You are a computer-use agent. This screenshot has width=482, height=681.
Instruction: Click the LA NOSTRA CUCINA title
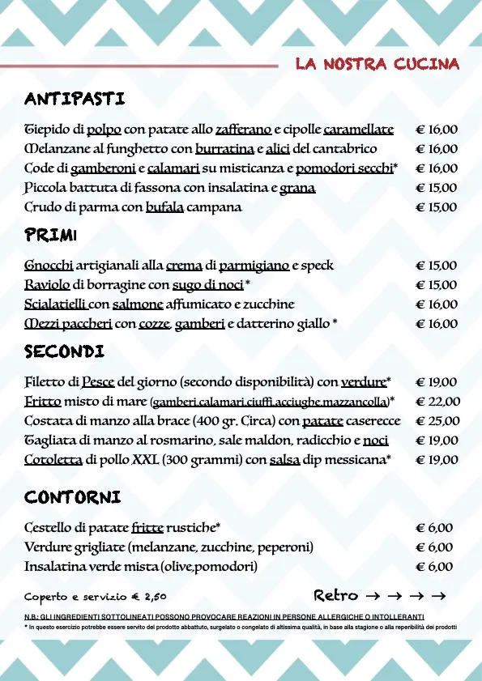(x=377, y=64)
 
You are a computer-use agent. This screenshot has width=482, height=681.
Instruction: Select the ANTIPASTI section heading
(x=75, y=100)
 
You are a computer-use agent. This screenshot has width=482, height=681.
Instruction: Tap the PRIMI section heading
(x=50, y=236)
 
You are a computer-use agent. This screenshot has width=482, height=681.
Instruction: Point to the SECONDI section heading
(x=64, y=352)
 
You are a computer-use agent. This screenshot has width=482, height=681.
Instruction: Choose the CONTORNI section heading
(x=73, y=496)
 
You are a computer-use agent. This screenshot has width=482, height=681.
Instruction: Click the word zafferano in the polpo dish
(x=243, y=130)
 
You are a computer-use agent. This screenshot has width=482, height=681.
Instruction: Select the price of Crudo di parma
(x=437, y=207)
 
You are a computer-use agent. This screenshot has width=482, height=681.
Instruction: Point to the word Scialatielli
(x=55, y=304)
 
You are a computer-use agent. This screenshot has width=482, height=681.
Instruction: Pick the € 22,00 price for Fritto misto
(x=437, y=402)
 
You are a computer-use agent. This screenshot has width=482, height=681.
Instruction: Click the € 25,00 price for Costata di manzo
(x=437, y=421)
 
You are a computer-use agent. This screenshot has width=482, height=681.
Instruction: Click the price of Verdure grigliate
(x=434, y=547)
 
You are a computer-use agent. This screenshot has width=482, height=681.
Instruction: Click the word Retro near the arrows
(x=335, y=596)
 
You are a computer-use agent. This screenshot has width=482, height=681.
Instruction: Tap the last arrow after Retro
(x=439, y=597)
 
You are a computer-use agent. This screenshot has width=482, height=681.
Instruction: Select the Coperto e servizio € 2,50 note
(x=96, y=597)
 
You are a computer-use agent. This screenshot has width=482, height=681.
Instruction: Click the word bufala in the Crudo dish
(x=164, y=207)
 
